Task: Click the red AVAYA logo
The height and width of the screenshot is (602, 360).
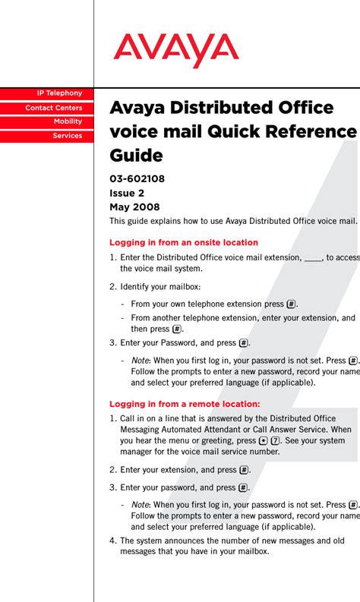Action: pos(176,50)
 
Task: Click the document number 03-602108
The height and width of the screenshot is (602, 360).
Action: pos(137,179)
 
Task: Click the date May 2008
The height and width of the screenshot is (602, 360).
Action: pos(134,206)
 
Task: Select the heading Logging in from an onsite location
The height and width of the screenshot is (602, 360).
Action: pos(183,243)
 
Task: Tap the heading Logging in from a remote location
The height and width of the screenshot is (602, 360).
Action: pos(185,404)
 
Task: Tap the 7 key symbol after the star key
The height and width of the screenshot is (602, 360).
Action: pos(276,440)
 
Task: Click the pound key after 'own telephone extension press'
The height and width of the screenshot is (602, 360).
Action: pos(291,304)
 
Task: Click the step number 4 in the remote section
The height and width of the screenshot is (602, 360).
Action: pos(112,541)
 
